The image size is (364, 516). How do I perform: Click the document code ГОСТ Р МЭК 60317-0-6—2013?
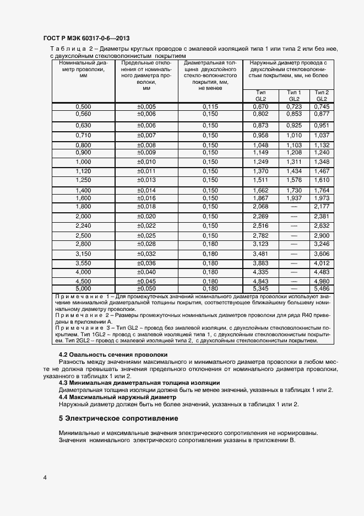(x=86, y=39)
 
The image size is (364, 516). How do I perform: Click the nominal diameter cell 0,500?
(x=83, y=106)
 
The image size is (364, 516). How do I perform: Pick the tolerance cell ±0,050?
(x=146, y=288)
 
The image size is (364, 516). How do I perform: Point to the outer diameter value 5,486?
(x=321, y=288)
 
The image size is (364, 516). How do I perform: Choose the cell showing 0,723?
(x=294, y=106)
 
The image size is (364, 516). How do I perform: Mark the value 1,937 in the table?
(x=294, y=198)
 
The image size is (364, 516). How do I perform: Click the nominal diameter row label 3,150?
(x=83, y=254)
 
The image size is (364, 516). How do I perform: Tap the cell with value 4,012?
(x=321, y=264)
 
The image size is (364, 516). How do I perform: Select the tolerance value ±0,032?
(x=146, y=254)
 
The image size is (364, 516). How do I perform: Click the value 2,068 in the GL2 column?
(x=260, y=206)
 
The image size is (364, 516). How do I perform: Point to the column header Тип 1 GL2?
(x=294, y=95)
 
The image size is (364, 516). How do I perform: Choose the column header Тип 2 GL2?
(x=321, y=95)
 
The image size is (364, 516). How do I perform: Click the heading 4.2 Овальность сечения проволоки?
(x=113, y=354)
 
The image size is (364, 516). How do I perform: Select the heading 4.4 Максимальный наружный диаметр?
(x=117, y=397)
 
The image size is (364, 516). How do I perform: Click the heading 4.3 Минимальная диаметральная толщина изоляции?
(x=139, y=383)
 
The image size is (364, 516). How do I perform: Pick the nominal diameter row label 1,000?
(x=83, y=162)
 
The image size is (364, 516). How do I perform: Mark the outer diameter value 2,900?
(x=321, y=235)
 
